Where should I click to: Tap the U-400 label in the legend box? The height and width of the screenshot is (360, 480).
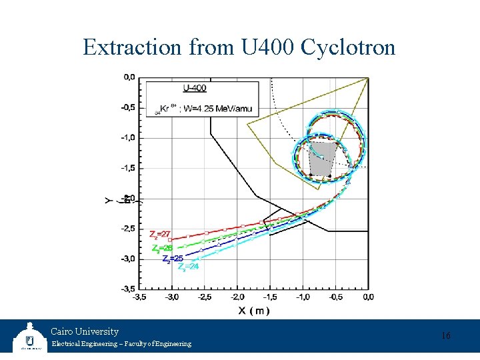pos(195,88)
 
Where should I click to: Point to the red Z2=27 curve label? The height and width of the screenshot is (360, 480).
pos(160,235)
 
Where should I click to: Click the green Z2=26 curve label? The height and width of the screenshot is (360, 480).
pos(163,248)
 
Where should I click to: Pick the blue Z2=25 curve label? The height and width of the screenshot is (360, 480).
pos(173,258)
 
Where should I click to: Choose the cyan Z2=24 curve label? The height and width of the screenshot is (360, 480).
pos(187,267)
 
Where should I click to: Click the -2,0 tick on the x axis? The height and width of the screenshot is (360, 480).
pos(237,297)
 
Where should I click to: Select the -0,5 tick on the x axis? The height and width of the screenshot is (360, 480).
pos(335,297)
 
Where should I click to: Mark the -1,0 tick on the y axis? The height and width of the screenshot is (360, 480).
pos(127,137)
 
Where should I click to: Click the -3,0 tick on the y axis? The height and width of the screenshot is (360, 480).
pos(127,259)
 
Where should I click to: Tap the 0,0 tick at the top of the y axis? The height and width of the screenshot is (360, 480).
pos(129,77)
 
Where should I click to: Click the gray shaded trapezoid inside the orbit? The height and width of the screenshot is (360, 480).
pos(322,159)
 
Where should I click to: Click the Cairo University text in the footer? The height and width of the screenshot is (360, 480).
pos(85,331)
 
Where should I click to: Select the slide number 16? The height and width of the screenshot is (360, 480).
pos(445,335)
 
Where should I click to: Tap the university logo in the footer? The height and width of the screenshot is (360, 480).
pos(29,337)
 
